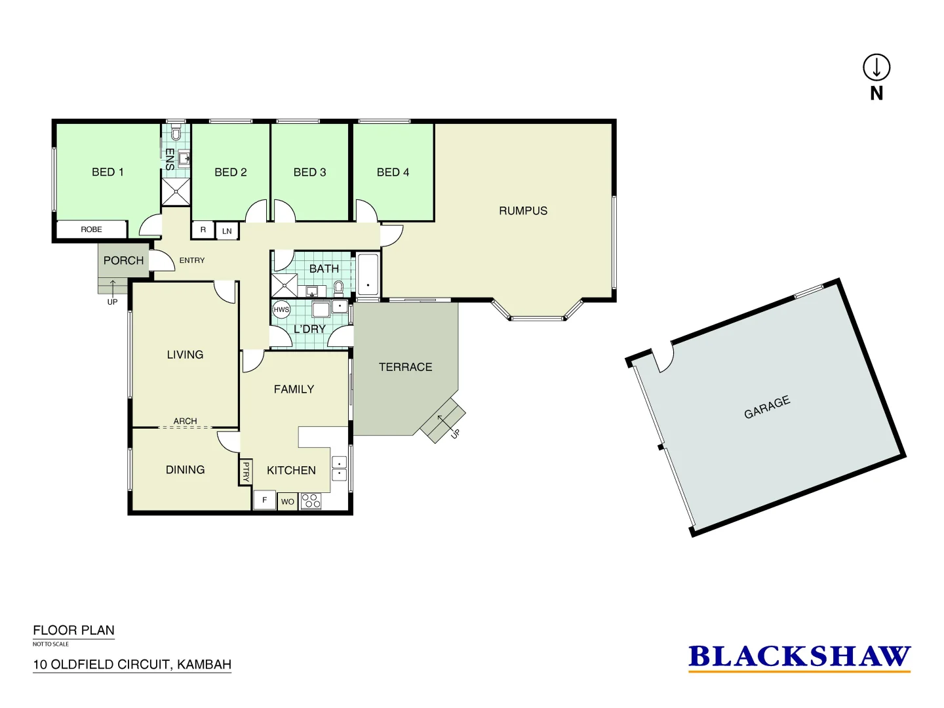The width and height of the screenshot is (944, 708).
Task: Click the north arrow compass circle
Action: [876, 67]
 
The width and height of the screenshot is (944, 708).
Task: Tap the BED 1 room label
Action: [108, 172]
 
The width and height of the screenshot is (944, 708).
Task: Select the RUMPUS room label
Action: [522, 210]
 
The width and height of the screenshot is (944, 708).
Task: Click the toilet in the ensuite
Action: [176, 134]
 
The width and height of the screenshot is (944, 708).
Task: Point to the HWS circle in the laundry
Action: [281, 309]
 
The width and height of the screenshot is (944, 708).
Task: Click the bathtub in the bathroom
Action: [368, 275]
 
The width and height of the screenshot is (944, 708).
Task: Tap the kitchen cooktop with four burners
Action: [311, 501]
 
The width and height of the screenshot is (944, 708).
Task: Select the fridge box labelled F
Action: [264, 500]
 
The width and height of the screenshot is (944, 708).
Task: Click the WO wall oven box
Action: [288, 501]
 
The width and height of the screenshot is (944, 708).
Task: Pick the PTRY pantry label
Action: [246, 471]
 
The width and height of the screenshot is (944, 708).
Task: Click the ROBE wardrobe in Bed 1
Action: [92, 229]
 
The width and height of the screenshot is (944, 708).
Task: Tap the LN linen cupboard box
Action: [227, 231]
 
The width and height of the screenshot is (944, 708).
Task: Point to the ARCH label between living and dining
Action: [185, 421]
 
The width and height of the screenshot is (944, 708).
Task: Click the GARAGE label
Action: [767, 407]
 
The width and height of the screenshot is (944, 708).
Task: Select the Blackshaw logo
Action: [799, 657]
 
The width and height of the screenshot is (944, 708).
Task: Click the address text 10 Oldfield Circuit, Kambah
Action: [132, 664]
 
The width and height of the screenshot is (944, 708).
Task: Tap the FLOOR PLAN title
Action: [73, 630]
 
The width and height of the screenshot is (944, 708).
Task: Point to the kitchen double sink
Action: [340, 468]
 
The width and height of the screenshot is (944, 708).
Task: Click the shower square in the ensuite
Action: [176, 191]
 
